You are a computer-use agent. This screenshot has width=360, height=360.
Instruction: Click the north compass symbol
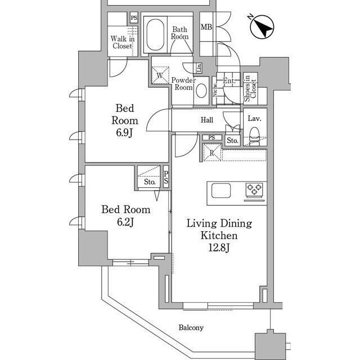[x=262, y=27]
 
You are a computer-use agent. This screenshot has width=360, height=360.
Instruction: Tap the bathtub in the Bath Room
[x=155, y=35]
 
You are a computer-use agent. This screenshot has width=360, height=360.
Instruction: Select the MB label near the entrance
[x=206, y=27]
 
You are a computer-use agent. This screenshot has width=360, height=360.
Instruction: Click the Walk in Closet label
[x=123, y=42]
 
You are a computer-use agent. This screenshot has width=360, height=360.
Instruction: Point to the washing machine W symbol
[x=160, y=75]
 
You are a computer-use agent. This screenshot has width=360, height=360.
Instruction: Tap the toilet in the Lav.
[x=254, y=137]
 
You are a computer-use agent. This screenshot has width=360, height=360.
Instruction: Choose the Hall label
[x=207, y=120]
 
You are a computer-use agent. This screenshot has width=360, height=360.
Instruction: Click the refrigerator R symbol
[x=212, y=152]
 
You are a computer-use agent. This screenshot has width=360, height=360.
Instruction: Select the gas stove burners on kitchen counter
[x=254, y=190]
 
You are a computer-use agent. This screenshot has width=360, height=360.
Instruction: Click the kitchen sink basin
[x=221, y=191]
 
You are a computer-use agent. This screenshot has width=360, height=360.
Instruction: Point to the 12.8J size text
[x=219, y=247]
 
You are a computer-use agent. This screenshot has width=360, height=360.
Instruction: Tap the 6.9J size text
[x=124, y=133]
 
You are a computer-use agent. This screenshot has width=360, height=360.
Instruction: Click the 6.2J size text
[x=125, y=222]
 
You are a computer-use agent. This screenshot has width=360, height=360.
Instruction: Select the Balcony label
[x=191, y=327]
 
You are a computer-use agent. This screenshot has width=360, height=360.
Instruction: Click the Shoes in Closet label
[x=250, y=88]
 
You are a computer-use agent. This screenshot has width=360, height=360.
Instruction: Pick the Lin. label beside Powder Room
[x=199, y=67]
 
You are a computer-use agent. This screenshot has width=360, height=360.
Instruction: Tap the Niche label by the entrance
[x=215, y=90]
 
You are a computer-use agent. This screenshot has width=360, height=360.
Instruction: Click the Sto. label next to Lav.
[x=232, y=140]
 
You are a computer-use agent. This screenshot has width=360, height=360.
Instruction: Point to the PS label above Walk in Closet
[x=134, y=17]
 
